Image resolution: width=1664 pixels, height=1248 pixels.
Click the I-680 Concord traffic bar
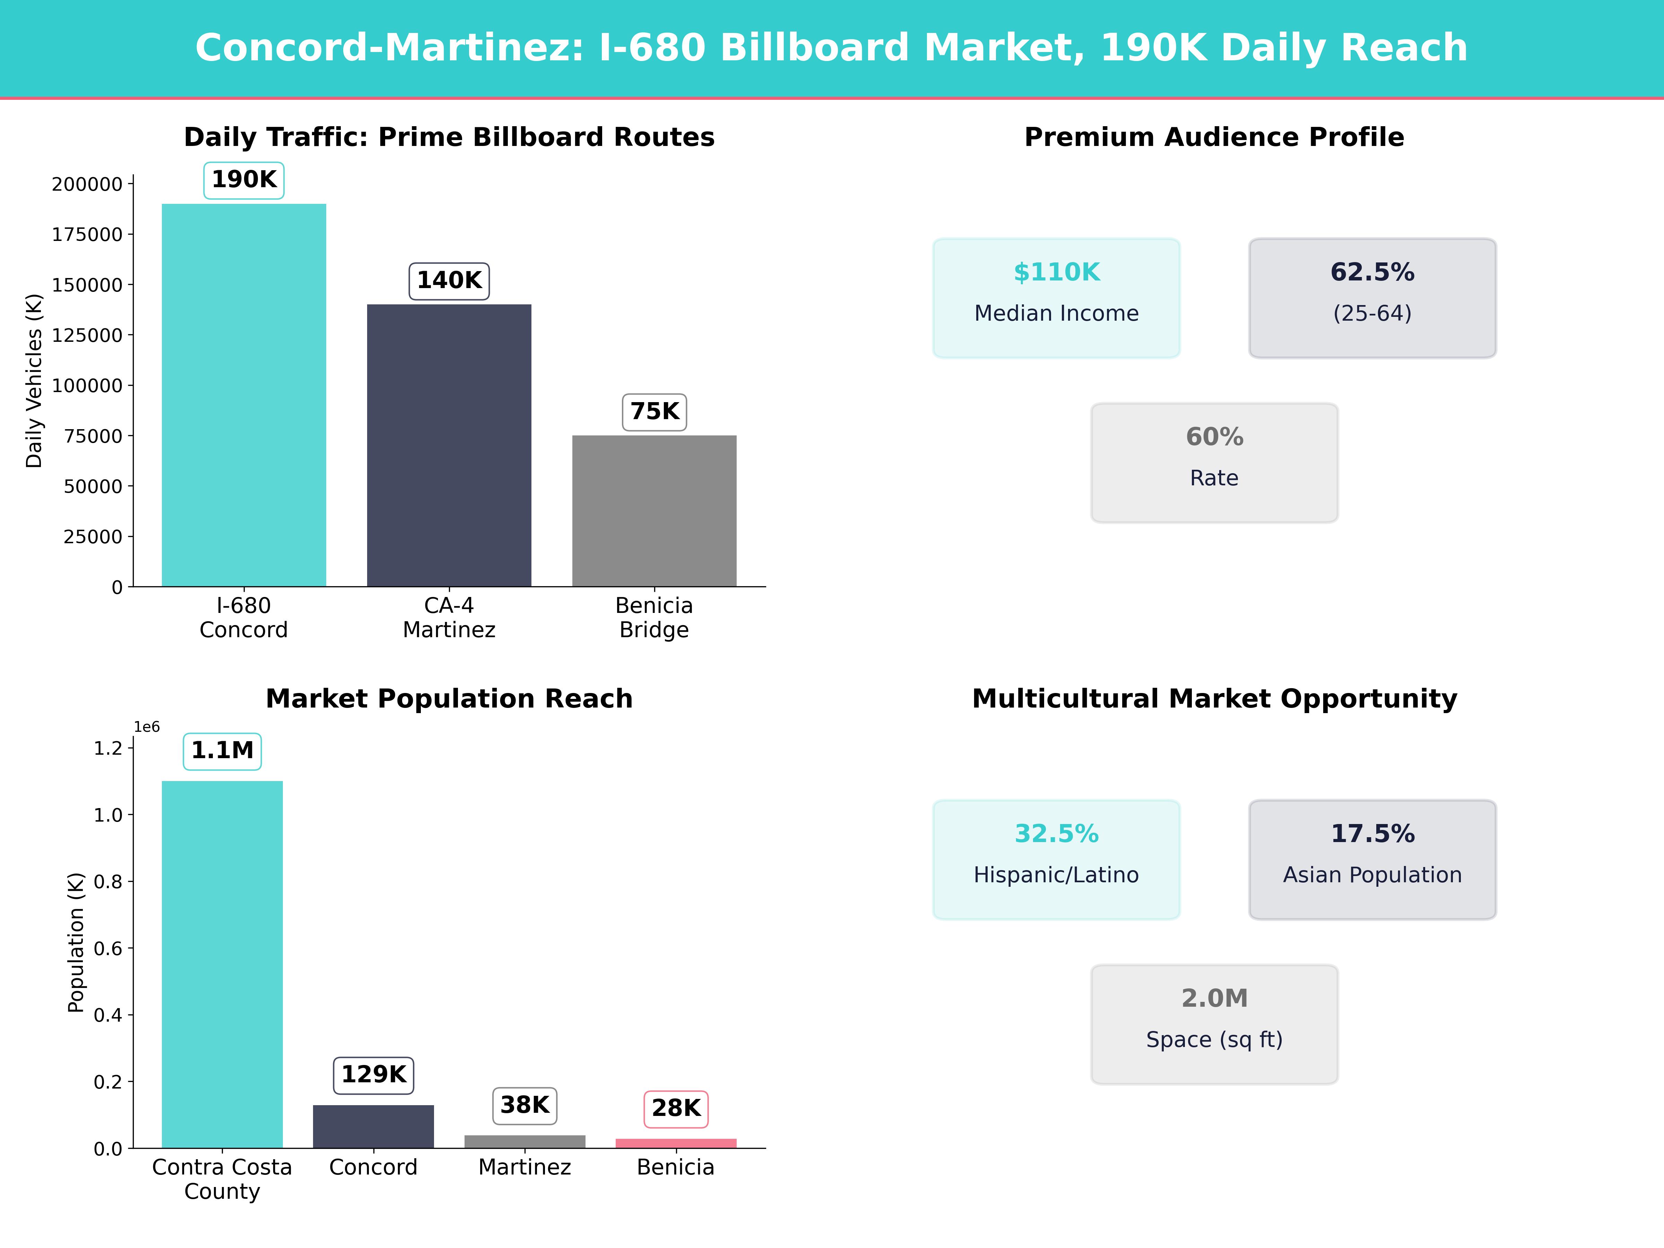[x=244, y=395]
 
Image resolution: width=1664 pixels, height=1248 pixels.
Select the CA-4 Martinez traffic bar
[x=449, y=445]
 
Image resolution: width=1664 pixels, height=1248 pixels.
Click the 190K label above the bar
[x=244, y=180]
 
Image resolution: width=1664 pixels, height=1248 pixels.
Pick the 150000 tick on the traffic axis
[x=87, y=285]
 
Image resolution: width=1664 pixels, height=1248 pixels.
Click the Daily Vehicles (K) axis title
[x=34, y=381]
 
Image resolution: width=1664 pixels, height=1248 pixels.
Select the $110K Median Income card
[x=1056, y=298]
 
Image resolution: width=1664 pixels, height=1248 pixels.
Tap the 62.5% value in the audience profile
[x=1372, y=272]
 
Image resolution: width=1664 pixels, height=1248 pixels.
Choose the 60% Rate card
[x=1214, y=463]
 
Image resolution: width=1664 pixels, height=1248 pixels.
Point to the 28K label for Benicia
[x=676, y=1108]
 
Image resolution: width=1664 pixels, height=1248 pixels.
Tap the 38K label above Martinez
[x=524, y=1105]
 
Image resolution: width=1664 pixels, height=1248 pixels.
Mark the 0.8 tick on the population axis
[x=107, y=882]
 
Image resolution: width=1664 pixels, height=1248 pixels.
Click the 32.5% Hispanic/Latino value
[x=1056, y=833]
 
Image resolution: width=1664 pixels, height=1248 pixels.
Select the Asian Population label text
[x=1372, y=875]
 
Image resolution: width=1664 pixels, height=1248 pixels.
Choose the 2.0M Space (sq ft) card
[x=1214, y=1024]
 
